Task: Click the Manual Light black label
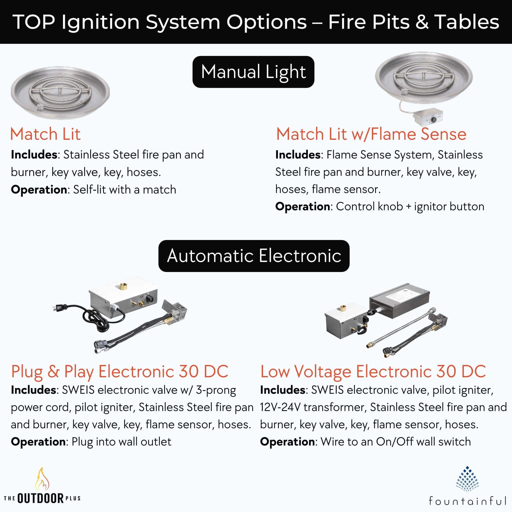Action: [253, 72]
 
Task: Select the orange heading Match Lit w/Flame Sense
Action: [371, 134]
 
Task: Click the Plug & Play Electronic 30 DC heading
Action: [119, 371]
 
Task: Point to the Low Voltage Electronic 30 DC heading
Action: [373, 371]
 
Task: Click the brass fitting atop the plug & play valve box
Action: [123, 286]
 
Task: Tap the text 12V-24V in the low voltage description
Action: [280, 407]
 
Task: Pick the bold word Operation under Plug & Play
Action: [38, 442]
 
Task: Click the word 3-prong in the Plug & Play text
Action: [216, 390]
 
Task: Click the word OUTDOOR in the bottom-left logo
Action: [40, 498]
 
